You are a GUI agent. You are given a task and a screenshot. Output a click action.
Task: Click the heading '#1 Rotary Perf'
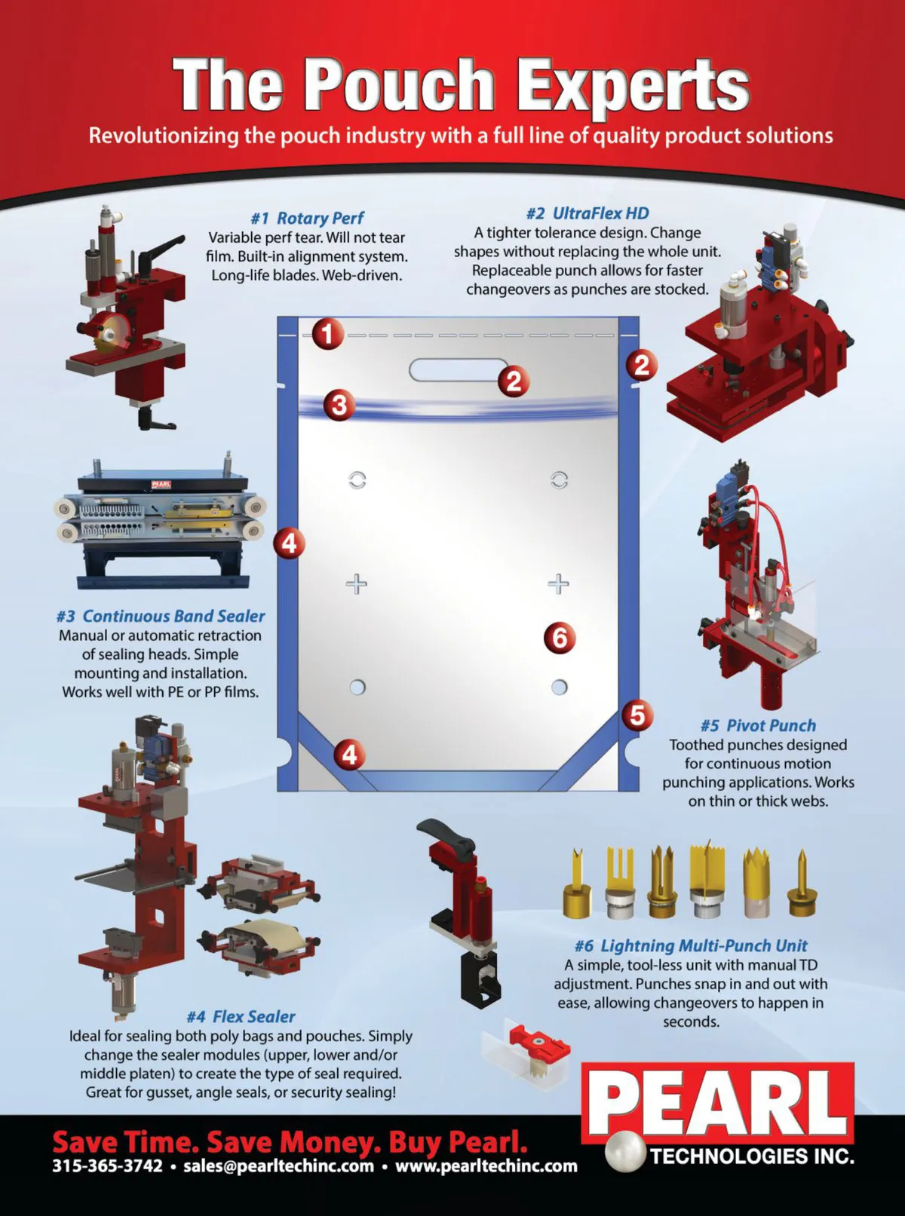307,218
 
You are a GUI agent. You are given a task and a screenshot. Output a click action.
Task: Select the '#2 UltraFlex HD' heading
587,213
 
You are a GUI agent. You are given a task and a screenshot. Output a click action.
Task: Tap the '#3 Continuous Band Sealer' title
161,616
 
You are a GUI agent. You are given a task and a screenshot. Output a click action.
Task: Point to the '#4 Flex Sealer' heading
241,1017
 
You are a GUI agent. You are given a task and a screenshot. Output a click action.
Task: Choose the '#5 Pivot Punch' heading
758,726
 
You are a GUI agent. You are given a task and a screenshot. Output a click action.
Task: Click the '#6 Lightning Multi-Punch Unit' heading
691,945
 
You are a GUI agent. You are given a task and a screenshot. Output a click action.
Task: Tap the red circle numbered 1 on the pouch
328,334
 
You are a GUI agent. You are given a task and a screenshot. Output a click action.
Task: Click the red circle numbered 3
339,405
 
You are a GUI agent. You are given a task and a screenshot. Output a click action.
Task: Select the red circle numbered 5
637,715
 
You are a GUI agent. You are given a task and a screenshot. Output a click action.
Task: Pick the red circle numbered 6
560,637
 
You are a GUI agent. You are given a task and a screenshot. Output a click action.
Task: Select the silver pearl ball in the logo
624,1150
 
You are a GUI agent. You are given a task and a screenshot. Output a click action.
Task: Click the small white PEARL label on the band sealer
161,485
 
